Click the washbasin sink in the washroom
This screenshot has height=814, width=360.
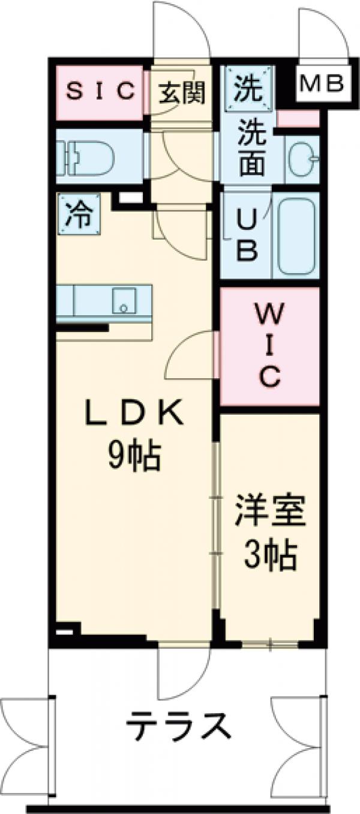pyautogui.click(x=304, y=158)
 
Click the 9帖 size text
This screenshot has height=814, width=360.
pyautogui.click(x=134, y=459)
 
